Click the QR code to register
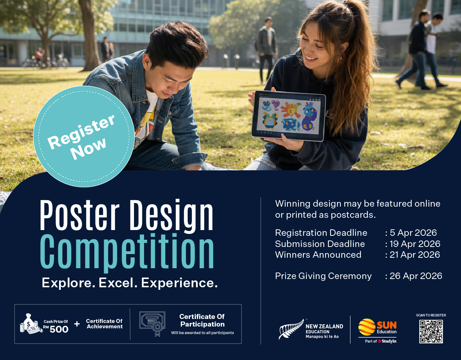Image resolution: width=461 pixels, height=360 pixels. tap(431, 332)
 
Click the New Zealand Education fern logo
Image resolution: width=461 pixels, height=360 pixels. tap(291, 329)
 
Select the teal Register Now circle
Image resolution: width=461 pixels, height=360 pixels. tap(84, 136)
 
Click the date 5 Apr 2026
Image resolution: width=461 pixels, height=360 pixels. tap(413, 233)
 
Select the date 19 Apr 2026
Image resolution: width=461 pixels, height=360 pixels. tap(415, 244)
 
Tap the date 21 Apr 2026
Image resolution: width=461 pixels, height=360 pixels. tap(415, 255)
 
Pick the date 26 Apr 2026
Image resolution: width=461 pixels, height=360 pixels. tap(416, 276)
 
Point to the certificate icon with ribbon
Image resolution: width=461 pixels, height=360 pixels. tap(152, 324)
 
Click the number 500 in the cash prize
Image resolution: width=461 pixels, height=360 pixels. tap(59, 329)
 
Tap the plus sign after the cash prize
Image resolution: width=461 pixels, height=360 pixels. tap(77, 324)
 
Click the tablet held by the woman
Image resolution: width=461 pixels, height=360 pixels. tap(288, 116)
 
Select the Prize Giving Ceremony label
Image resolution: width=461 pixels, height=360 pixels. tap(323, 276)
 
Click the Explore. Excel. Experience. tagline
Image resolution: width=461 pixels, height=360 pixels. tap(130, 283)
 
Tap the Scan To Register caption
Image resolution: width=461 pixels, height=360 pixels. tap(431, 315)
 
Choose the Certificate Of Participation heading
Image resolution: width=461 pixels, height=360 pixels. tap(202, 320)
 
